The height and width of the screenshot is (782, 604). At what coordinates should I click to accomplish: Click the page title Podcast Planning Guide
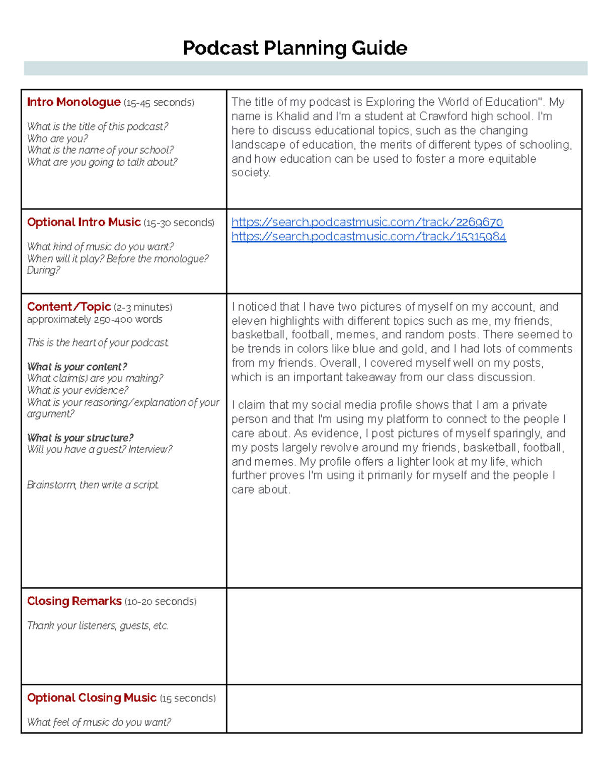click(x=295, y=48)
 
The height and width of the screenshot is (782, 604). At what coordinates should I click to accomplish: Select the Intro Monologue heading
click(x=73, y=102)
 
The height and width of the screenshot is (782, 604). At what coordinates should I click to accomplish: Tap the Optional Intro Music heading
click(x=84, y=223)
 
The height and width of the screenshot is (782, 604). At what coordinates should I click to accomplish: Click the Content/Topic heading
click(x=69, y=307)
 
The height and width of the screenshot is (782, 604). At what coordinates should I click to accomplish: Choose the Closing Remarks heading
click(x=74, y=601)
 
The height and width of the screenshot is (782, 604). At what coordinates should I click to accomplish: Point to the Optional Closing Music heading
click(x=92, y=698)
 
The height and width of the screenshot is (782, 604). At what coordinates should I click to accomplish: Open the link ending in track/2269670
click(x=367, y=223)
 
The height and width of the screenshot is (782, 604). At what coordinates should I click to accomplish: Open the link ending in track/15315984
click(x=368, y=237)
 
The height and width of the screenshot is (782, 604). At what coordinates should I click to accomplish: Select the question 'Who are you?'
click(x=57, y=138)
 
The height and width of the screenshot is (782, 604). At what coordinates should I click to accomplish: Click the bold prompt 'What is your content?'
click(x=77, y=367)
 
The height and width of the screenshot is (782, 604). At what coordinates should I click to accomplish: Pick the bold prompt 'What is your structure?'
click(x=80, y=438)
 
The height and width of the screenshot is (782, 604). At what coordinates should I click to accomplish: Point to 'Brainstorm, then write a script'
click(x=93, y=485)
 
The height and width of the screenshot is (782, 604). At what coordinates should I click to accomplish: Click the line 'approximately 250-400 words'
click(x=95, y=320)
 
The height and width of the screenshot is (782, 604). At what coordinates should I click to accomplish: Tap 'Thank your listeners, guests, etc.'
click(x=98, y=626)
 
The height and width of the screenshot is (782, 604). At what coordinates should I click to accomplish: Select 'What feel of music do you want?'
click(x=99, y=723)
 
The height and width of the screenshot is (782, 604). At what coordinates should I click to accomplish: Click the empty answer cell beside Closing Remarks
click(x=404, y=636)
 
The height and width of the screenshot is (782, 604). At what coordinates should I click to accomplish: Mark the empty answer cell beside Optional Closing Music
click(x=404, y=708)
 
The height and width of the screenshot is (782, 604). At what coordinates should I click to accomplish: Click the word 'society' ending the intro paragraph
click(x=250, y=173)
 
